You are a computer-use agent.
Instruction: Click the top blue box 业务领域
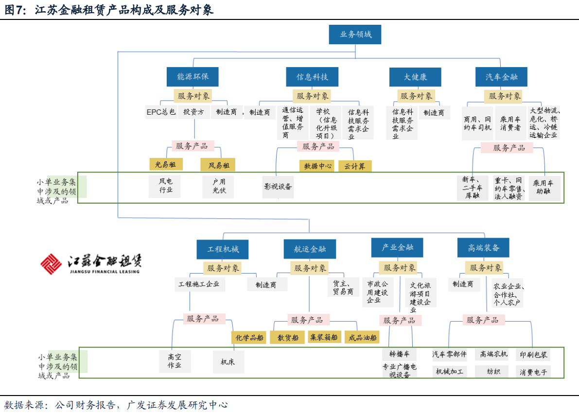(353, 34)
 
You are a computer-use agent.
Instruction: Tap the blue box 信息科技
(312, 77)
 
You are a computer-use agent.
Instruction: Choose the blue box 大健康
(415, 77)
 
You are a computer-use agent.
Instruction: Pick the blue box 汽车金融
(501, 77)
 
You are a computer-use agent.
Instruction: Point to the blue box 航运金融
(309, 249)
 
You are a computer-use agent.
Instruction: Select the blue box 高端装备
(483, 248)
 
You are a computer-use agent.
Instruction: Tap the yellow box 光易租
(165, 164)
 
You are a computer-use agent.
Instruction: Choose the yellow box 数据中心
(317, 166)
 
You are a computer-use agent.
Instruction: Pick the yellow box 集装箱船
(324, 337)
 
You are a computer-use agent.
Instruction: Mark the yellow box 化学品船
(249, 337)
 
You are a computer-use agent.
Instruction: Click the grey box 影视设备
(278, 187)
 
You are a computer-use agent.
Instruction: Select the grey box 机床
(228, 362)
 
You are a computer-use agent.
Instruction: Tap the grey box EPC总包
(161, 112)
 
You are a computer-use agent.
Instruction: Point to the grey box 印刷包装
(533, 355)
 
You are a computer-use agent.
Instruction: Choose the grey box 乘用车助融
(544, 188)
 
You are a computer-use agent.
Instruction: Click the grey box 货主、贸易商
(343, 287)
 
